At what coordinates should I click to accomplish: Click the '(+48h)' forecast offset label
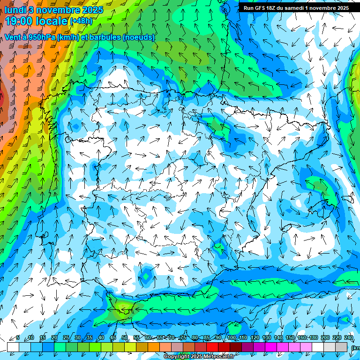[82, 21]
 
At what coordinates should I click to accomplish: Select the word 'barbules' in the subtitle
[105, 37]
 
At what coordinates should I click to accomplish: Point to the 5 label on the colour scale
[18, 338]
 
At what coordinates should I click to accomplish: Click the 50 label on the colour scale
[125, 338]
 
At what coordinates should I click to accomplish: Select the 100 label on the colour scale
[231, 338]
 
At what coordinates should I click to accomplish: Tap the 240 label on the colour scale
[349, 338]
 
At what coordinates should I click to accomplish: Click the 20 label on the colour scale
[54, 338]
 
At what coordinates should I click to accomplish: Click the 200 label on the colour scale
[325, 338]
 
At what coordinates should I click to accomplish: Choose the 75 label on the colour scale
[183, 338]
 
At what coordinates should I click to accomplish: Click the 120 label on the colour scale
[255, 338]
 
